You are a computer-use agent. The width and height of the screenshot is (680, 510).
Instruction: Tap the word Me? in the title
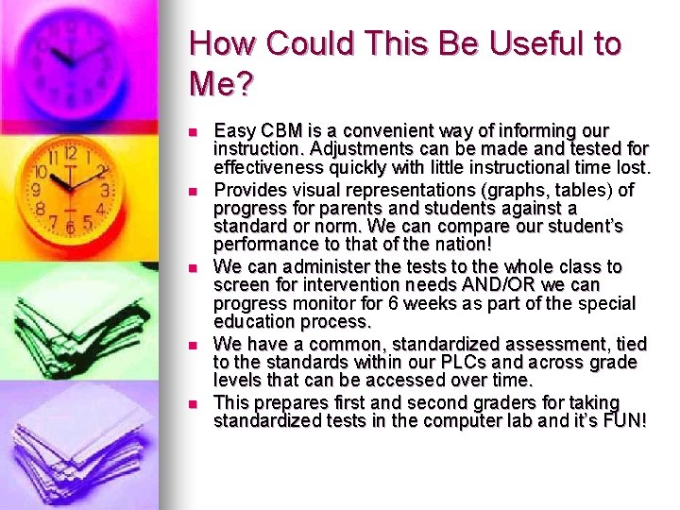pyautogui.click(x=221, y=85)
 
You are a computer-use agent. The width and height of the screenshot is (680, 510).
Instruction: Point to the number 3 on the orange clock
pyautogui.click(x=104, y=190)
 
